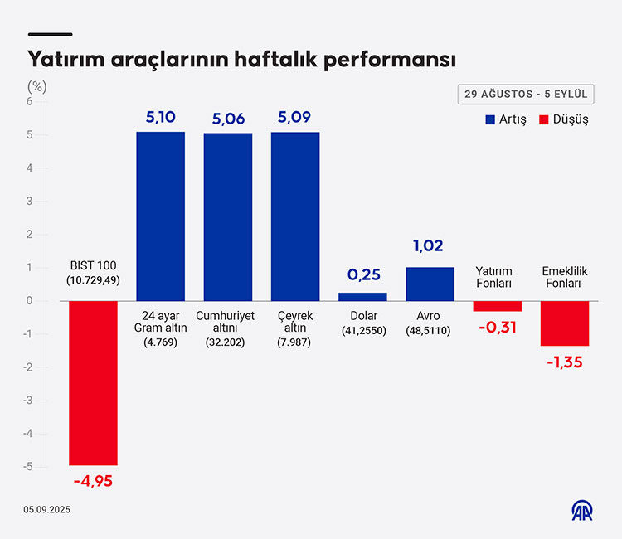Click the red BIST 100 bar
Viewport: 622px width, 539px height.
(x=93, y=382)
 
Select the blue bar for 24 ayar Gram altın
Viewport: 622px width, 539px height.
(x=160, y=216)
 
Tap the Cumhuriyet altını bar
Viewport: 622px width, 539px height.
(x=228, y=216)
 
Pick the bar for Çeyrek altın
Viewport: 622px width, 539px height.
(x=295, y=216)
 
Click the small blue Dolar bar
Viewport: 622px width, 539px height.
(x=362, y=296)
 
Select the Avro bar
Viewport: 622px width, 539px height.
(x=430, y=284)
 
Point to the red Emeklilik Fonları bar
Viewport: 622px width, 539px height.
(x=565, y=323)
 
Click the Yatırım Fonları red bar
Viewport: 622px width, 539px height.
(x=498, y=306)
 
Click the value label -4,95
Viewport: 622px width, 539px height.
(x=93, y=482)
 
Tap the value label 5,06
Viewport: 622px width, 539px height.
(x=228, y=119)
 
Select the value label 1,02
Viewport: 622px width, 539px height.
(x=430, y=245)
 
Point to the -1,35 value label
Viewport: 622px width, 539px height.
(x=565, y=362)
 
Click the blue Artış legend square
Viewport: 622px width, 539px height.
(x=490, y=119)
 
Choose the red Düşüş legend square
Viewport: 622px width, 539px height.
(x=544, y=119)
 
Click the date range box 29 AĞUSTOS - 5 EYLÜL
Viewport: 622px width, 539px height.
(x=525, y=94)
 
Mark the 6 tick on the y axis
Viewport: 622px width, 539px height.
(x=29, y=102)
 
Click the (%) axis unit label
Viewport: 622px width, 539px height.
(x=36, y=85)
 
